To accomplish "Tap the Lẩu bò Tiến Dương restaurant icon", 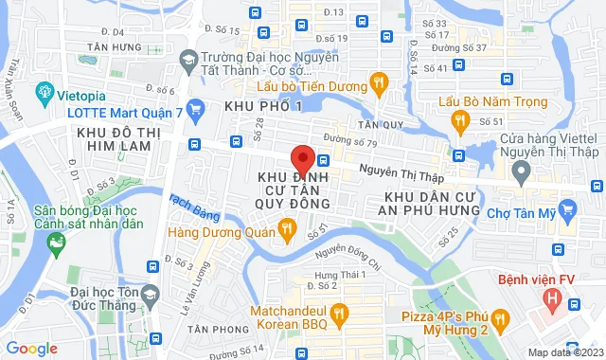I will pos(378,82).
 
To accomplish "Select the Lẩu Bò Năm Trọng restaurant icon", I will pos(460,120).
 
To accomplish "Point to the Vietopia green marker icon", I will pos(44,93).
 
